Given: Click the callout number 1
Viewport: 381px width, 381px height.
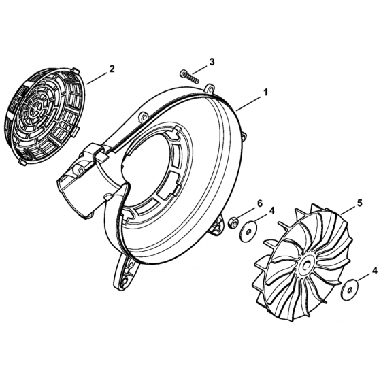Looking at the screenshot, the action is pyautogui.click(x=265, y=93).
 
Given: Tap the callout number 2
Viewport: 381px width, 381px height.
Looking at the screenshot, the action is pyautogui.click(x=112, y=69).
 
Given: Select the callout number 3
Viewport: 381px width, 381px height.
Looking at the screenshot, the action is pyautogui.click(x=212, y=62).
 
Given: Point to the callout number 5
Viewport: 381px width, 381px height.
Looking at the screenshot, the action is pyautogui.click(x=359, y=203).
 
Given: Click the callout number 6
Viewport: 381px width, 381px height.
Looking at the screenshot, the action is pyautogui.click(x=260, y=203).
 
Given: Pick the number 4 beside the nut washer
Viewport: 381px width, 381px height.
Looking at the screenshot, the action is pyautogui.click(x=272, y=210).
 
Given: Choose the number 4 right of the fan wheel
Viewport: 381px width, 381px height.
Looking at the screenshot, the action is pyautogui.click(x=374, y=271).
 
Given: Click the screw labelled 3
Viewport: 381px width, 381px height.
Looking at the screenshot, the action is pyautogui.click(x=190, y=76).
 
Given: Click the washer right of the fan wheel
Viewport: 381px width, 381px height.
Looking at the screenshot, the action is pyautogui.click(x=350, y=289).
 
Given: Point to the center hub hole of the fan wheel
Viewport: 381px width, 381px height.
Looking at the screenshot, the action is pyautogui.click(x=306, y=265).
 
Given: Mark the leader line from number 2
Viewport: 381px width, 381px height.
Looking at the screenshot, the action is pyautogui.click(x=97, y=78).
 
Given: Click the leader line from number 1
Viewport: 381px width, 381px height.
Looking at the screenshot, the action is pyautogui.click(x=249, y=103).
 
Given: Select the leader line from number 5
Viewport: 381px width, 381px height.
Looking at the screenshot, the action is pyautogui.click(x=348, y=210).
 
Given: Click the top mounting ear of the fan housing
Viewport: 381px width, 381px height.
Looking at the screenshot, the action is pyautogui.click(x=210, y=89).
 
